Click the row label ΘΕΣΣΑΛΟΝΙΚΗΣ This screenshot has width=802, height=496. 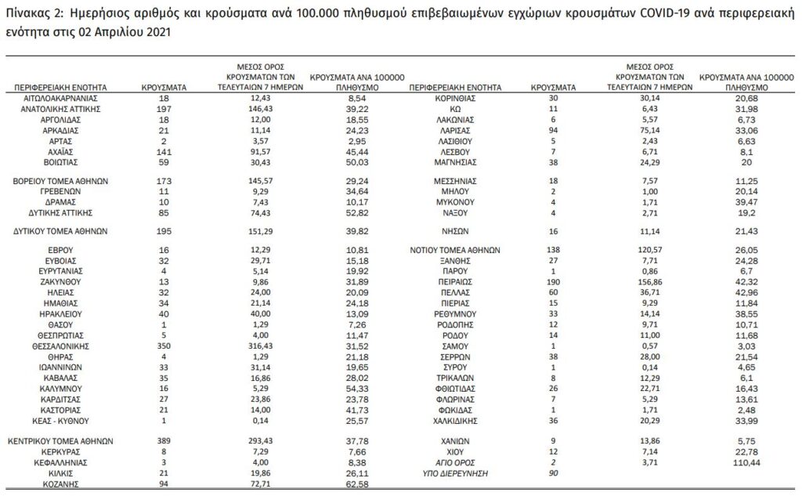coord(60,344)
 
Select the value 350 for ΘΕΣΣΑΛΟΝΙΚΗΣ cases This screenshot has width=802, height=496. coord(163,344)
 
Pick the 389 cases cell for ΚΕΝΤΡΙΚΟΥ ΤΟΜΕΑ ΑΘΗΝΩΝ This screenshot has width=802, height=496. coord(163,440)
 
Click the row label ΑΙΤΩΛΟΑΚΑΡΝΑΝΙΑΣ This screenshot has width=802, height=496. coord(60,97)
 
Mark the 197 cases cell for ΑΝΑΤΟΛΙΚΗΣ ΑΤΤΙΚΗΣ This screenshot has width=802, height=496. coord(163,108)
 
